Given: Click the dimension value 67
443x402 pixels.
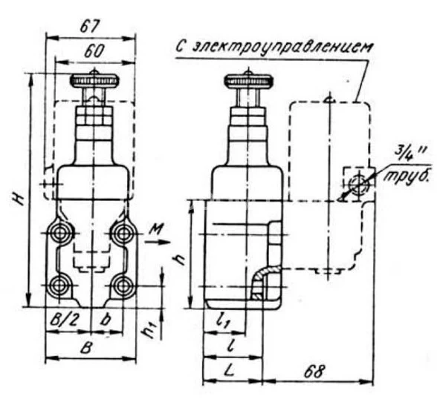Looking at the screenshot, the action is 90,27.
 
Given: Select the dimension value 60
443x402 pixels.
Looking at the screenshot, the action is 94,51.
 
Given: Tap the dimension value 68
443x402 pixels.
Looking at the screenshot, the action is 314,372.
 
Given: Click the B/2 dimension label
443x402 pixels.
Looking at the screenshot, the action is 64,320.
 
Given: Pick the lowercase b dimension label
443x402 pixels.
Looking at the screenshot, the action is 106,320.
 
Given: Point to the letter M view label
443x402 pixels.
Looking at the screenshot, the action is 156,229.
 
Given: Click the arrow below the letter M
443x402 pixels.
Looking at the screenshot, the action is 157,242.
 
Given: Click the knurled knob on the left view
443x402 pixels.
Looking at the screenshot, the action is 94,81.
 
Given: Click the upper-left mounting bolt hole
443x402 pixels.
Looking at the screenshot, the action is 60,234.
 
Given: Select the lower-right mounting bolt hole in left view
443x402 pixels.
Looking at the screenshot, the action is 123,286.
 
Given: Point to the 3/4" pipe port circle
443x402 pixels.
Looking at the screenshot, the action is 358,185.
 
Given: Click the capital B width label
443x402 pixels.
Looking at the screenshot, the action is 86,349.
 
